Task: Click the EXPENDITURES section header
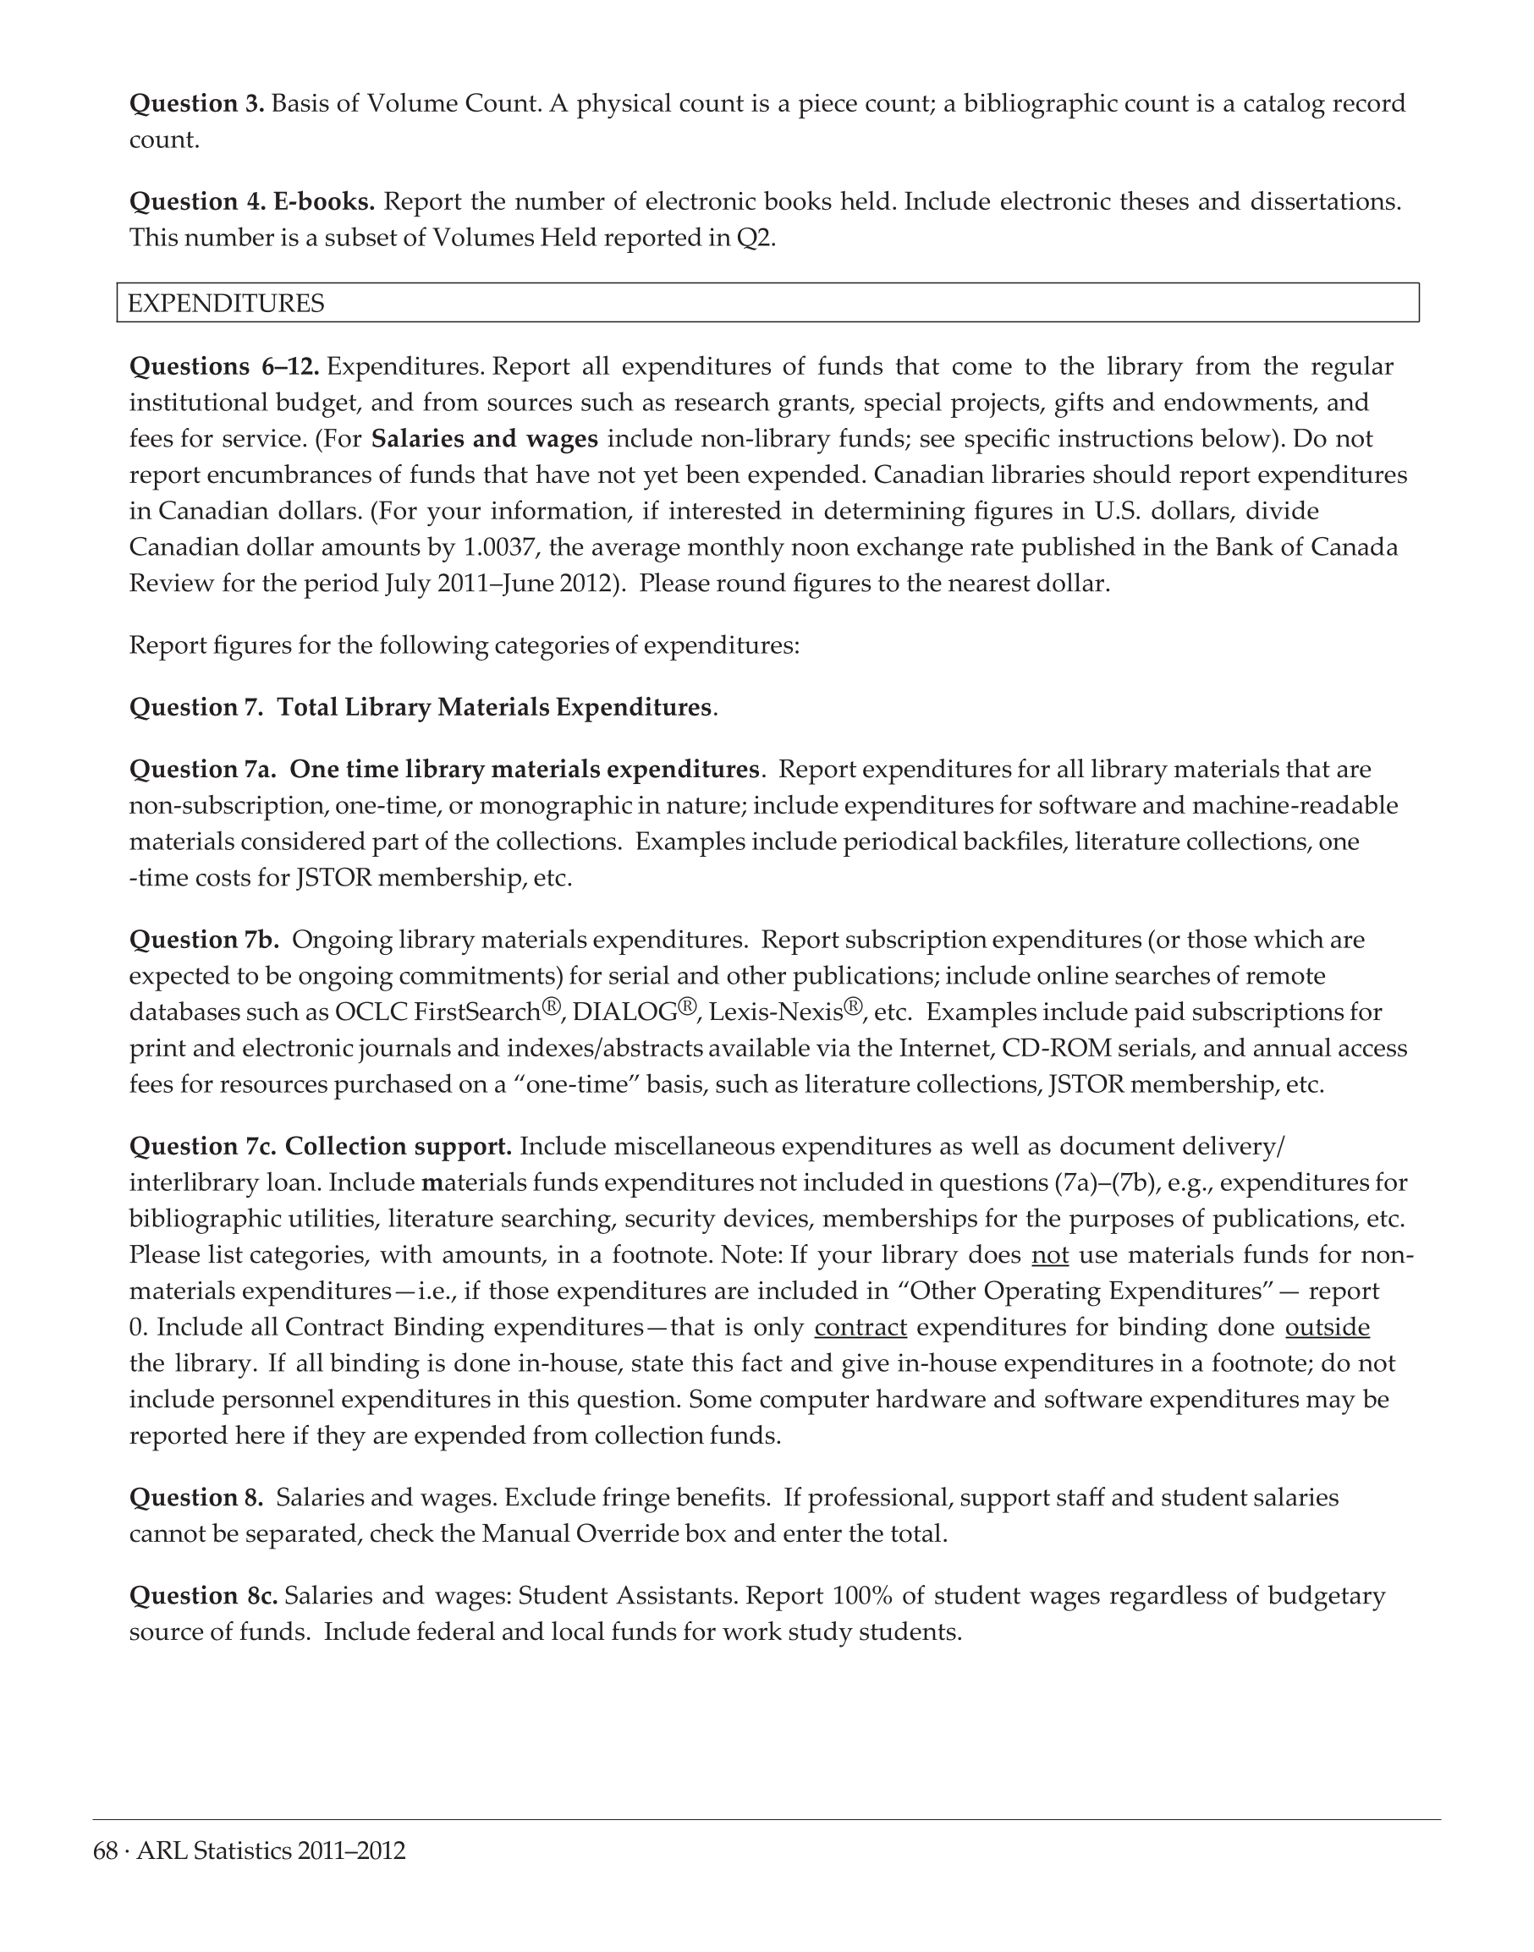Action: (226, 304)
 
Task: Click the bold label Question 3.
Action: (196, 103)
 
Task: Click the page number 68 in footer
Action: (105, 1851)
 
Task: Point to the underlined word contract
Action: (860, 1327)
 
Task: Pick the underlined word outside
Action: (1328, 1327)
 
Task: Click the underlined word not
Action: (1050, 1254)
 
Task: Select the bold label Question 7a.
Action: (203, 770)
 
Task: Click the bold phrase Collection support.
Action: (398, 1146)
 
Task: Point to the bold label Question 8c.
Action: (204, 1596)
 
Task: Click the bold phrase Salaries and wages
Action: (484, 439)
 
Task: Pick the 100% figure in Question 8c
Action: (863, 1596)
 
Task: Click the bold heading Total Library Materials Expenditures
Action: (494, 708)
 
